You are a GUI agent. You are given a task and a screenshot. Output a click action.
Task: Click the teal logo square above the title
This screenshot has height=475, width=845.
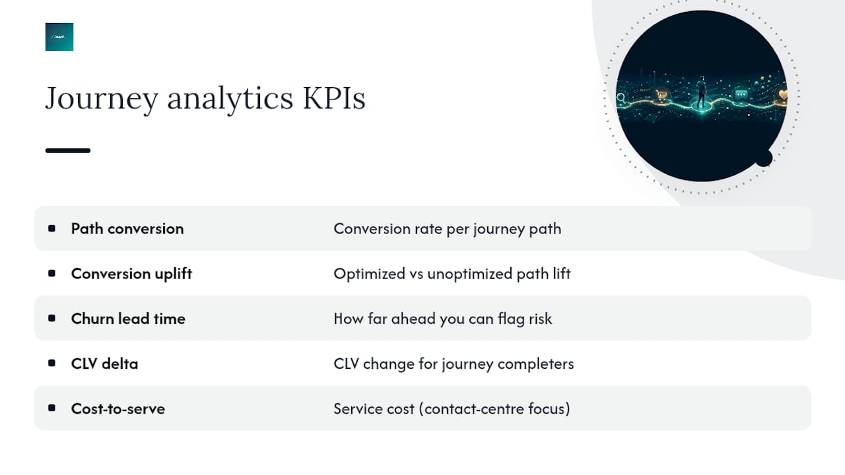[59, 37]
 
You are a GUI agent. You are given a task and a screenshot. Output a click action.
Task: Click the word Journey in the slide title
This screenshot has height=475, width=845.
[102, 99]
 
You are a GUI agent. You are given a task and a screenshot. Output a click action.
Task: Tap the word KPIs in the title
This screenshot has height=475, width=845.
[334, 98]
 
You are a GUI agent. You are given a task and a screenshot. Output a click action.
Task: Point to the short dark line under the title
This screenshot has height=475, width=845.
[68, 150]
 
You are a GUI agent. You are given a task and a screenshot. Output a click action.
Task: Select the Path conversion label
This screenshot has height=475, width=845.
[127, 228]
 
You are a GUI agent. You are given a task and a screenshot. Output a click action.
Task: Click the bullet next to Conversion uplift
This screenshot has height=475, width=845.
[51, 273]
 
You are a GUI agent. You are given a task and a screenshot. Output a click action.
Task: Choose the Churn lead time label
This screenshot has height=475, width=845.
[128, 319]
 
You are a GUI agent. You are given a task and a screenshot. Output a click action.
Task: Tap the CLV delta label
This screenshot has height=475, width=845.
[104, 364]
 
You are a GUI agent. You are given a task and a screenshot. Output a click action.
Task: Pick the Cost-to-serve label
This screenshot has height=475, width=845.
[118, 408]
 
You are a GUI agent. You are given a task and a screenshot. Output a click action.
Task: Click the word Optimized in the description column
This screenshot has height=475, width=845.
[369, 274]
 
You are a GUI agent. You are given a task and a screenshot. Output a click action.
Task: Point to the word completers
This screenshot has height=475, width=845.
[535, 364]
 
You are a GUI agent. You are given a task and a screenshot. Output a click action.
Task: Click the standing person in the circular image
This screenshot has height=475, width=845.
[701, 92]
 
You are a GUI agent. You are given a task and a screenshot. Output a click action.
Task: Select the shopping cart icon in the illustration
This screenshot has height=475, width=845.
[661, 94]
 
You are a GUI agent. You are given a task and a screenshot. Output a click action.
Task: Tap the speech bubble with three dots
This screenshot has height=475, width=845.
[741, 94]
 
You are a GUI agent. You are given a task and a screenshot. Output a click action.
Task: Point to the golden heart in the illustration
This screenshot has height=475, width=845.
[783, 94]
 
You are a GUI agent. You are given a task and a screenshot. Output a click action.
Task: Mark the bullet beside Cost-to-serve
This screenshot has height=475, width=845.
[51, 408]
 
